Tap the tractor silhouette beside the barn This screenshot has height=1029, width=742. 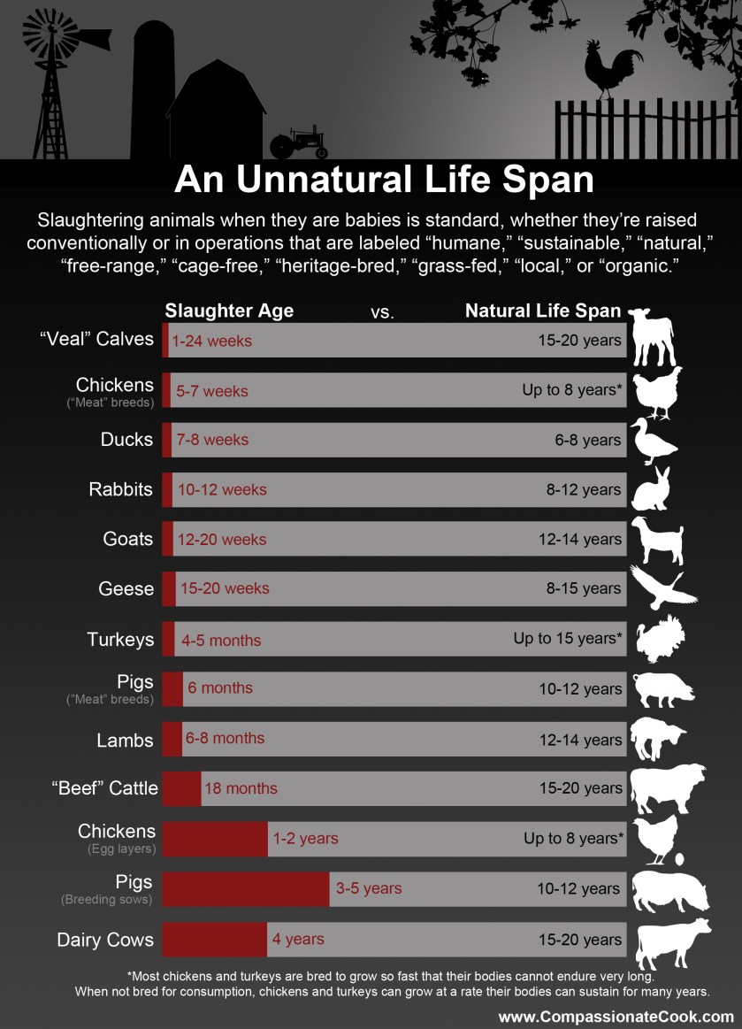298,142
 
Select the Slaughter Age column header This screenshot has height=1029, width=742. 229,311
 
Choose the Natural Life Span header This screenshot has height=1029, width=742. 543,311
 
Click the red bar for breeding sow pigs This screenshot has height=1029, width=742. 245,889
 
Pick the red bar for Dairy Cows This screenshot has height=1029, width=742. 214,940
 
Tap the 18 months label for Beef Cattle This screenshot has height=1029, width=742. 241,788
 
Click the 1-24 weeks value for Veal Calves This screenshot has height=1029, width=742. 212,341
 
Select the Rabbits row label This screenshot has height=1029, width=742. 120,489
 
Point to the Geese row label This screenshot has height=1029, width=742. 127,588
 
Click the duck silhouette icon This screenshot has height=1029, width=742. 652,441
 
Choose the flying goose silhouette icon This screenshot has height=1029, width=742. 662,587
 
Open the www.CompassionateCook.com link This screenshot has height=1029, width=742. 616,1017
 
